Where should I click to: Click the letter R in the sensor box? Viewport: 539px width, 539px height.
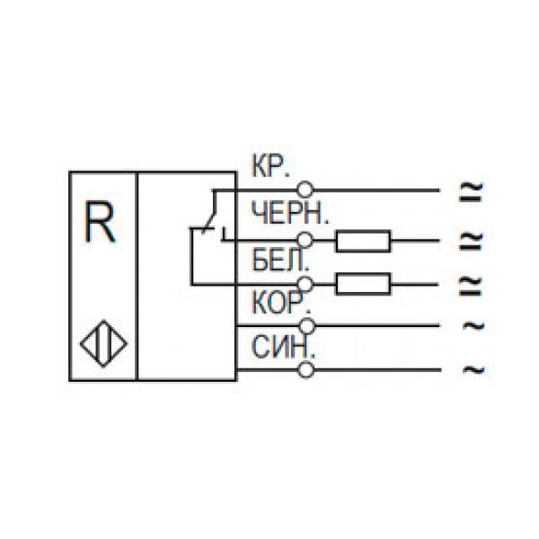(100, 224)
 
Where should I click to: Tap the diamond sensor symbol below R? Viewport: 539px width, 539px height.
(102, 344)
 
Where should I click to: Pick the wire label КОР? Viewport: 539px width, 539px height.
(278, 304)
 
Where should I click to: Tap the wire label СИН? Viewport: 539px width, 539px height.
(278, 348)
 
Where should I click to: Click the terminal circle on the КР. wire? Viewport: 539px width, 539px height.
(306, 190)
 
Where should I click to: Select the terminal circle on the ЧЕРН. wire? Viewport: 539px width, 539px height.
(306, 240)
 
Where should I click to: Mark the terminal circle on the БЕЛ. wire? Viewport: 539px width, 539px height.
(306, 284)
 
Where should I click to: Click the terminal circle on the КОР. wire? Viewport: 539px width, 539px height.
(306, 324)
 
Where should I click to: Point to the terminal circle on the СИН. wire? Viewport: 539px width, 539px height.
(306, 368)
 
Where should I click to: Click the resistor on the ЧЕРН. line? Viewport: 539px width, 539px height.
(363, 240)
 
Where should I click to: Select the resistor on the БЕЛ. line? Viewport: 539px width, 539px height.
(363, 284)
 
